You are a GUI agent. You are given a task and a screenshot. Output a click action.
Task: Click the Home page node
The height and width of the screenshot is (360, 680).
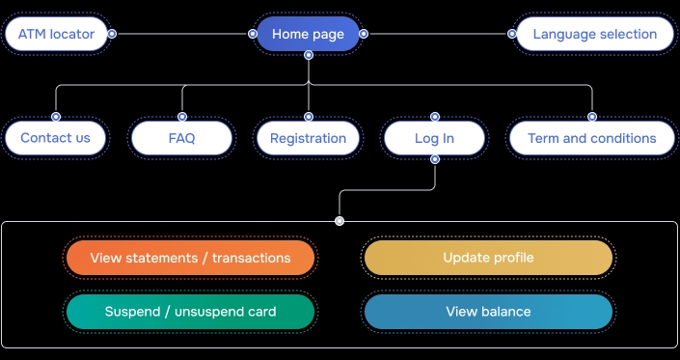point(308,35)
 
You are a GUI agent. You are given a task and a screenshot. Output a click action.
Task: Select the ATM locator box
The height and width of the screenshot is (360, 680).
point(56,35)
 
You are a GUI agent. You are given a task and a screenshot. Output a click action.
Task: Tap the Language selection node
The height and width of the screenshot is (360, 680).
point(594,35)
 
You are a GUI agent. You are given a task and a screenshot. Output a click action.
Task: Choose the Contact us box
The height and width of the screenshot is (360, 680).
point(55,138)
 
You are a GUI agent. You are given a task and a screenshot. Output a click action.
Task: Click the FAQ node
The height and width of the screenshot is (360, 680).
point(181,138)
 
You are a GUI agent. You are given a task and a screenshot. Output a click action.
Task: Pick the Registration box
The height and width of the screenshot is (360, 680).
point(308,138)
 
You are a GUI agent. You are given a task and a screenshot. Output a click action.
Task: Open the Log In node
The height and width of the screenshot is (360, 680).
point(434,138)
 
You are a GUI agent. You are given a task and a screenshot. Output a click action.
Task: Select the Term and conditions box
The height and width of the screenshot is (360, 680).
point(591,138)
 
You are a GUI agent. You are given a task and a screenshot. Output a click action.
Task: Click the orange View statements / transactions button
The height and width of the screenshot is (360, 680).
point(190,258)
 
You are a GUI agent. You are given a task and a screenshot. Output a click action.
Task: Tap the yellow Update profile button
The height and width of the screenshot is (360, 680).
point(488,258)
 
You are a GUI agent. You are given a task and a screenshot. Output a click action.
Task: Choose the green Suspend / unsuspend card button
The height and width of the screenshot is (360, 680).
point(190,312)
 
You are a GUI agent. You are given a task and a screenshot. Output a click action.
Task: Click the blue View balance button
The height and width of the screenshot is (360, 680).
point(488,312)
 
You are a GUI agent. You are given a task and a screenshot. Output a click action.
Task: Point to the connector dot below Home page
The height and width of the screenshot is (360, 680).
point(308,55)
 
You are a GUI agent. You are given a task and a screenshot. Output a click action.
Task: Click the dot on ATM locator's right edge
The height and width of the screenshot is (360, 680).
point(112,34)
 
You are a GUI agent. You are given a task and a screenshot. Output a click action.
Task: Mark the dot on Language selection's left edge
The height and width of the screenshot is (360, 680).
point(512,34)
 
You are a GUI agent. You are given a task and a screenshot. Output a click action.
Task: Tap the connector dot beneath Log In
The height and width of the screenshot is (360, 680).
point(435,159)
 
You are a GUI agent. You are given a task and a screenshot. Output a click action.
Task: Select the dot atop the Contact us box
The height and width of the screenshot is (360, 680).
point(55,117)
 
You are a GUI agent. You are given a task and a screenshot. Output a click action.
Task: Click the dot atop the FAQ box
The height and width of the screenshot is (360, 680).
point(181,117)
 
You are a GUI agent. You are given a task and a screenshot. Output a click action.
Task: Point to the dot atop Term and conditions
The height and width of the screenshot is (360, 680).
point(592,117)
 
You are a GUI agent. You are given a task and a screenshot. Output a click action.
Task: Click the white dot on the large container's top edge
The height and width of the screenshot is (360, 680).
point(340,221)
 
